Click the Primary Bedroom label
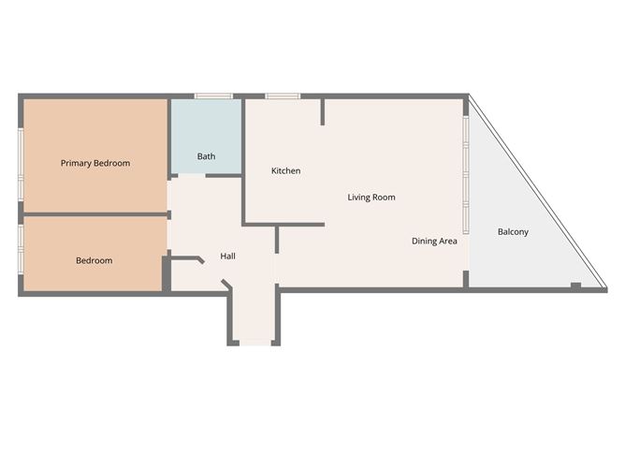pos(94,163)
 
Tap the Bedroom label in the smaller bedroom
pos(94,260)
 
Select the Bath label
pos(206,156)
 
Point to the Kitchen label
pos(285,170)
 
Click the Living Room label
pos(371,198)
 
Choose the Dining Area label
pos(434,242)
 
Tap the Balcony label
pos(513,231)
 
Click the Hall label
pos(227,256)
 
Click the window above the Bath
pos(213,95)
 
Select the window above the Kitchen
pos(282,95)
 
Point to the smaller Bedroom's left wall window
pos(21,247)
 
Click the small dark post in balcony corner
pos(575,285)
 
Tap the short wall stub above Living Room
pos(323,111)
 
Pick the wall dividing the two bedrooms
pos(94,214)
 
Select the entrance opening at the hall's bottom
pos(254,344)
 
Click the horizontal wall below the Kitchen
pos(283,224)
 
